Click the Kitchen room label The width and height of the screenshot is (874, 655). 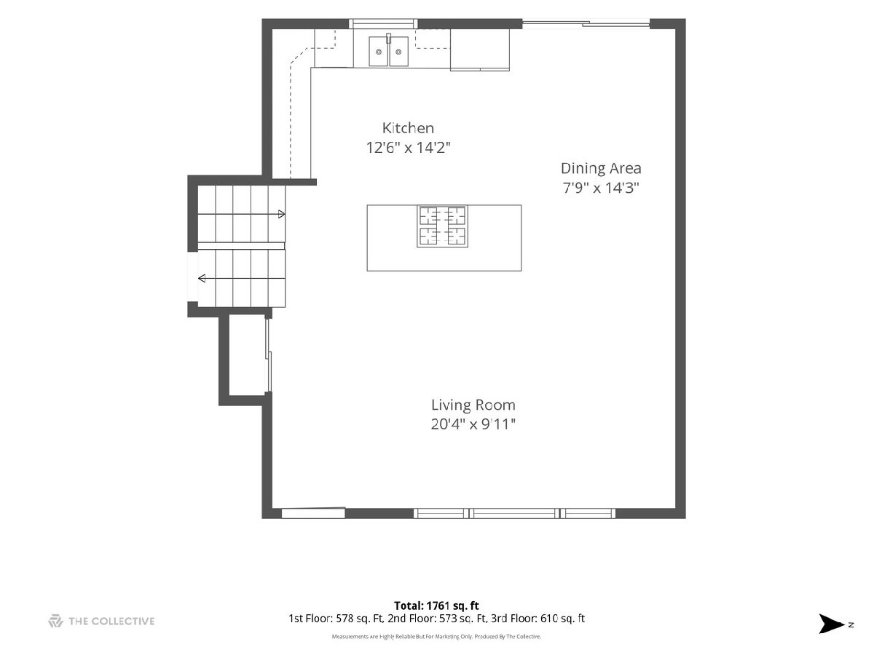[408, 128]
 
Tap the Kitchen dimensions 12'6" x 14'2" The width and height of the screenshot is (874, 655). [408, 148]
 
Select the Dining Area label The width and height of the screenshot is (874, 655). [601, 169]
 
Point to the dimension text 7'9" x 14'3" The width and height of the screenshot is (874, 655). [600, 188]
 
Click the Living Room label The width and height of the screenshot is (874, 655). [473, 405]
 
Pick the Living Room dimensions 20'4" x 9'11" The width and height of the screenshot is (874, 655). [473, 424]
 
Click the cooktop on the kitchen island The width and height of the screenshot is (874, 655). [442, 226]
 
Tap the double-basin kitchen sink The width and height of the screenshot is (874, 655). [389, 51]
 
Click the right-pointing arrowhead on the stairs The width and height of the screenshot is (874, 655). [282, 215]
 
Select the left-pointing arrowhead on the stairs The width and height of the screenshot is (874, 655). [202, 279]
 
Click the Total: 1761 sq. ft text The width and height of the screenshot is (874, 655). [436, 606]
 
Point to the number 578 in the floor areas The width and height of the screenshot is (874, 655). [345, 619]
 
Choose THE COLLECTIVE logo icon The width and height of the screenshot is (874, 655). [56, 622]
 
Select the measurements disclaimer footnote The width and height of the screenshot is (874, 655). [436, 637]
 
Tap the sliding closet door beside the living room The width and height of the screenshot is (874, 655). [269, 356]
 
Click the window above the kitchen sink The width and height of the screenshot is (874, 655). [383, 24]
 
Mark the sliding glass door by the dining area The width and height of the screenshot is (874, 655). [586, 24]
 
